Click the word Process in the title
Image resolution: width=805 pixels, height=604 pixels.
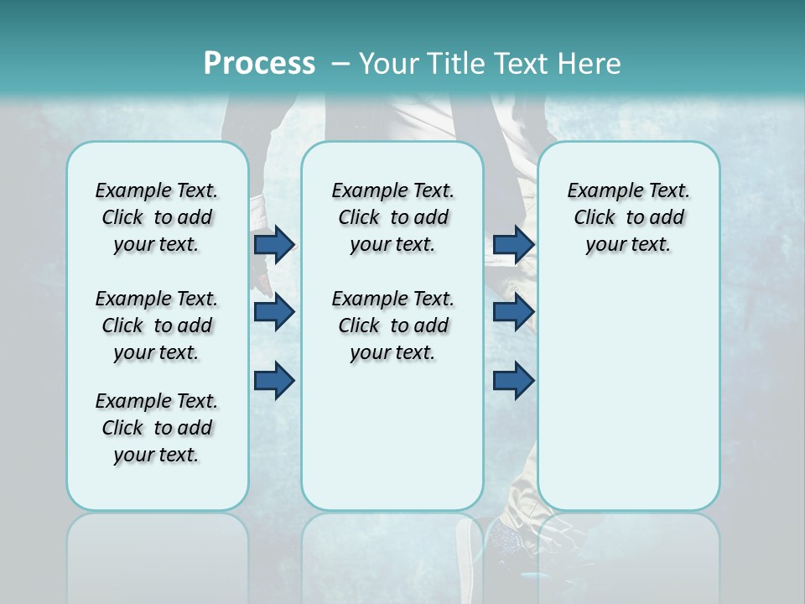tap(259, 64)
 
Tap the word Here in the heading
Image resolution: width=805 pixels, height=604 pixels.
tap(587, 64)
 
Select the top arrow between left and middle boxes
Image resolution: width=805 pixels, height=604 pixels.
tap(274, 244)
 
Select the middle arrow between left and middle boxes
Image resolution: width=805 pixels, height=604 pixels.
tap(274, 312)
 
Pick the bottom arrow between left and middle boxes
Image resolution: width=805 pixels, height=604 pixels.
tap(274, 380)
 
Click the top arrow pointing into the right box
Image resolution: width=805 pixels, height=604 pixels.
tap(513, 244)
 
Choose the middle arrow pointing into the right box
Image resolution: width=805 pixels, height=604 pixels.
tap(513, 312)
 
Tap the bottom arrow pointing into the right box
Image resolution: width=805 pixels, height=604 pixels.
tap(513, 380)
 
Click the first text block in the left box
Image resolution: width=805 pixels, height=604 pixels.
tap(157, 217)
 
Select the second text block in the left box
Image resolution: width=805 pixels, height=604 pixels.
tap(157, 325)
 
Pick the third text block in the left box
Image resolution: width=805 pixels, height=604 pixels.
tap(157, 428)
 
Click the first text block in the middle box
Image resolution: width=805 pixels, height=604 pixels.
tap(392, 217)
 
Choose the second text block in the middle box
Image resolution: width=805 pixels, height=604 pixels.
tap(392, 325)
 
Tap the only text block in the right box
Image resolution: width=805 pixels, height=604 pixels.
tap(628, 217)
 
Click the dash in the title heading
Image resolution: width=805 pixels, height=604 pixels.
tap(340, 64)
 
